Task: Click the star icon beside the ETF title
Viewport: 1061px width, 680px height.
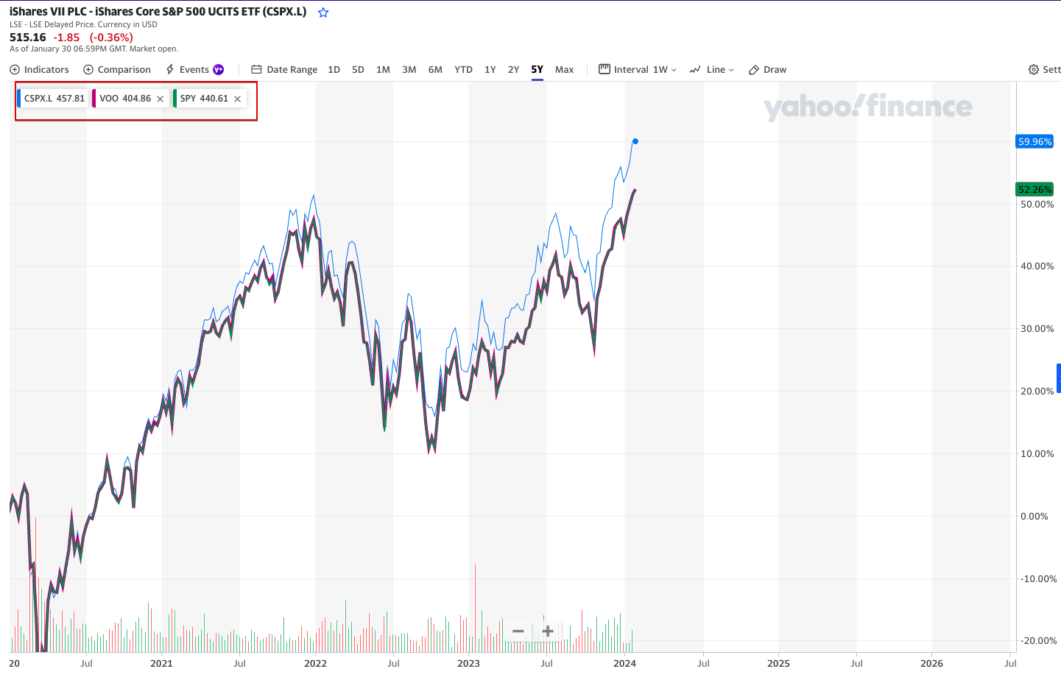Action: pos(323,13)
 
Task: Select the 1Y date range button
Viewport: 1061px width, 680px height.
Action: pos(490,70)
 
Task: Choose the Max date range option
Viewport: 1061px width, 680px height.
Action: pos(564,70)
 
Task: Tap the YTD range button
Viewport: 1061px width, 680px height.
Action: pos(463,70)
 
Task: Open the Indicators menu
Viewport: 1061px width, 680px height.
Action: pos(39,70)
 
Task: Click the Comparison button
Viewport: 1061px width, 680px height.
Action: pos(117,70)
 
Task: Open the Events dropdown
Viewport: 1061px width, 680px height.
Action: pos(194,70)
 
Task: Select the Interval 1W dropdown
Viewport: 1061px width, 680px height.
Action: pos(638,70)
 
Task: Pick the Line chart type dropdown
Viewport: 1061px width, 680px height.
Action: pos(712,70)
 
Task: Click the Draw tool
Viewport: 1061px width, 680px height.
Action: pos(768,70)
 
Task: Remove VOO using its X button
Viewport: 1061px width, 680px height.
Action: pos(161,99)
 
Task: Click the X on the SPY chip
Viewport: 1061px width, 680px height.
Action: pos(238,99)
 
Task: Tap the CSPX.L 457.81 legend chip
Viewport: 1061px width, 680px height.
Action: pos(54,99)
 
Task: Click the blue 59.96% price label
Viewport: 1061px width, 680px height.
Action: pos(1034,142)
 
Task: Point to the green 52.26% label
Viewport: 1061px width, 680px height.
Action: pos(1034,190)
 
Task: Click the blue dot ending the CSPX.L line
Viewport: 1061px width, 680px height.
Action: pos(635,141)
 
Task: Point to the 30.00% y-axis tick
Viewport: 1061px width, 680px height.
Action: pos(1037,329)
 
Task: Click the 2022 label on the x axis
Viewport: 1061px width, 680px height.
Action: pos(315,663)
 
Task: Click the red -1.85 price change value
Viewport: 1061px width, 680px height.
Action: pos(66,38)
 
